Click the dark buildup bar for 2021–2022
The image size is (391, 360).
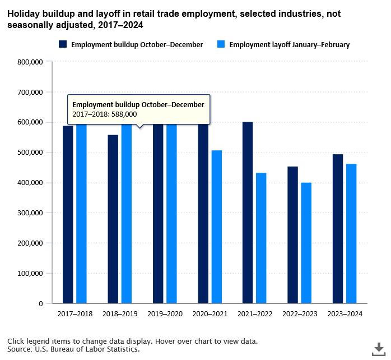[248, 213]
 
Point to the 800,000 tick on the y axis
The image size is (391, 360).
[30, 62]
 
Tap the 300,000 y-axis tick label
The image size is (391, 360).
[30, 213]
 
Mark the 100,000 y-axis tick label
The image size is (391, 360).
[30, 274]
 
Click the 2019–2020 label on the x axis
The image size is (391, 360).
[165, 314]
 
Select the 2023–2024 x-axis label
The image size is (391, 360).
[345, 314]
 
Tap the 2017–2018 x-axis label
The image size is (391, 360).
[75, 314]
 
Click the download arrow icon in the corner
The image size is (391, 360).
[379, 348]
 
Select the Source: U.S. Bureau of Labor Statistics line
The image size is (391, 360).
[73, 349]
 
